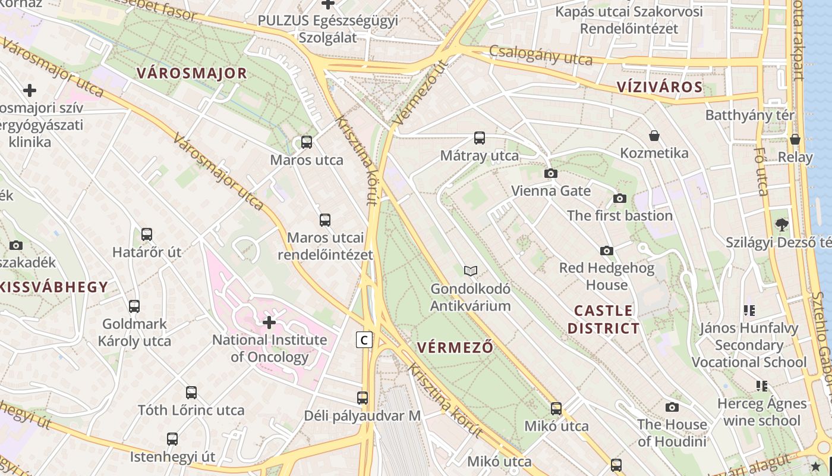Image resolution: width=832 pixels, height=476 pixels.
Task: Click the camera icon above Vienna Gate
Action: coord(551,173)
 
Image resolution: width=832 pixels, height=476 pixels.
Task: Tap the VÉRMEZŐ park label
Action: coord(455,347)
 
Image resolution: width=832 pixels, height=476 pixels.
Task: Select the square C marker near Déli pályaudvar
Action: coord(364,340)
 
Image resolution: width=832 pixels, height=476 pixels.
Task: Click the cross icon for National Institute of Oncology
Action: coord(269,322)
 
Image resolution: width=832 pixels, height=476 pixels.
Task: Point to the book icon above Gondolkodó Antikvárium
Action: coord(471,271)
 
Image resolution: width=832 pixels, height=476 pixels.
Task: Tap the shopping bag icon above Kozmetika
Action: coord(654,136)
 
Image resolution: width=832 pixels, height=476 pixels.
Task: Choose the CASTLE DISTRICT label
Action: coord(603,319)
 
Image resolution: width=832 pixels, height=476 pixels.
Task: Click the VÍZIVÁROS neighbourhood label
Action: coord(660,87)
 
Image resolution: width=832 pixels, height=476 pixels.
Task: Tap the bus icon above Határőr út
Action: coord(147,234)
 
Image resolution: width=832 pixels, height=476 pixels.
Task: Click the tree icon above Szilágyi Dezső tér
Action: coord(782,224)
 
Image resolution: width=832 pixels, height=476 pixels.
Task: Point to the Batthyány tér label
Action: coord(749,115)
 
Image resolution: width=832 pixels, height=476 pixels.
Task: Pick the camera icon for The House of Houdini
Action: coord(672,407)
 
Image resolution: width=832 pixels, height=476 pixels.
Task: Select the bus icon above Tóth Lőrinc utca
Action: coord(191,393)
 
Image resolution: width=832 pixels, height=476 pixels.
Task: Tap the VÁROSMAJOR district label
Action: coord(191,73)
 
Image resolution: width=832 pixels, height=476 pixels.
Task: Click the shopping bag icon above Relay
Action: coord(795,139)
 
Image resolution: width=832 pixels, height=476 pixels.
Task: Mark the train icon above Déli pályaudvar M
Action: coord(363,397)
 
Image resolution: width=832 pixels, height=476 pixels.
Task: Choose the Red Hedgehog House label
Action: coord(606,276)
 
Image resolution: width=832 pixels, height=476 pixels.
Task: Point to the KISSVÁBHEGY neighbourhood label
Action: coord(55,287)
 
